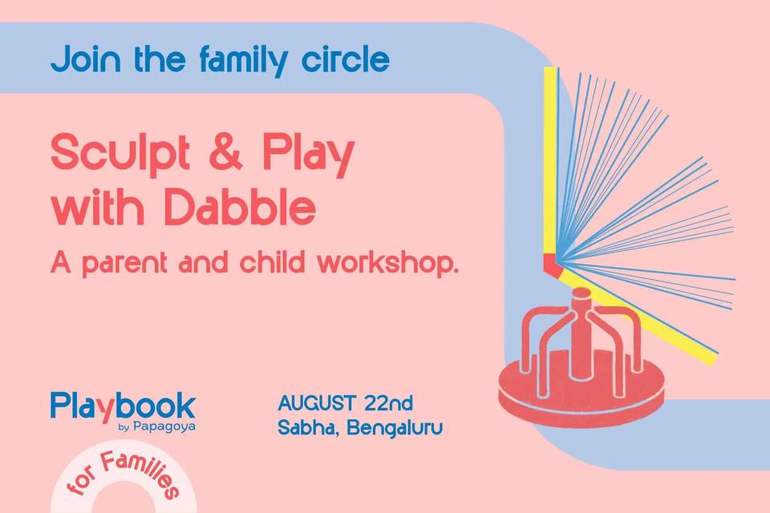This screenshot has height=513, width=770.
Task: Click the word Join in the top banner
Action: tap(86, 59)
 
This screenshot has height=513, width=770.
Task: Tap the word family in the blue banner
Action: tap(243, 61)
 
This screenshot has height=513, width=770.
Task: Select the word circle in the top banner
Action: tap(345, 59)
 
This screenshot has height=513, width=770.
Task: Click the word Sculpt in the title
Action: tap(120, 153)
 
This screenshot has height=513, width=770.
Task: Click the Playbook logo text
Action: tap(123, 406)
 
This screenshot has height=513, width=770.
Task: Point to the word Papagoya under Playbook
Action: tap(164, 426)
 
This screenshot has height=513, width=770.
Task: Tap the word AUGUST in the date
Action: tap(316, 403)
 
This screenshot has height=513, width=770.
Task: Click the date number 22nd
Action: tap(388, 403)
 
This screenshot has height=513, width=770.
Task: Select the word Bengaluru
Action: tap(395, 427)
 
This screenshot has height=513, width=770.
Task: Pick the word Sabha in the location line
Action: tap(307, 428)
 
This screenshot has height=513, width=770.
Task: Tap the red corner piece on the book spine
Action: tap(553, 265)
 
